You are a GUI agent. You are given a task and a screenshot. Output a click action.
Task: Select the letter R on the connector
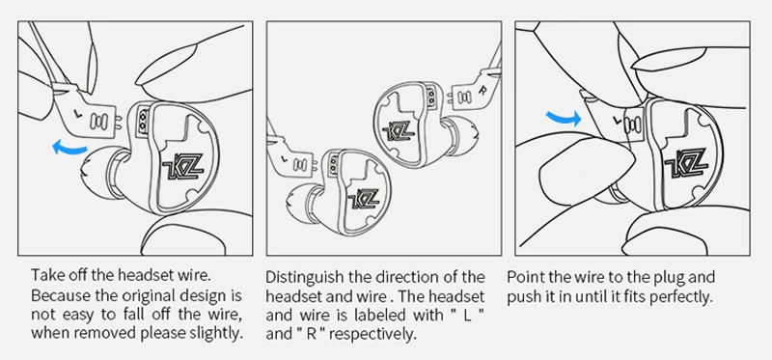tap(482, 90)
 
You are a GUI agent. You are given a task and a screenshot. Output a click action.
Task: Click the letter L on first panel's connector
tap(77, 114)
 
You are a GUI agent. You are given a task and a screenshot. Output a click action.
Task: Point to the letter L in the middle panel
tap(284, 158)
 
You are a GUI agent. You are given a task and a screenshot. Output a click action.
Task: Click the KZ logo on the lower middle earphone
tap(364, 199)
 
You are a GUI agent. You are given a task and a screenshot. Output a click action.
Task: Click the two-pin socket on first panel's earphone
tap(143, 122)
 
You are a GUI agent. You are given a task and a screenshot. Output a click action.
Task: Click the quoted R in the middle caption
tap(309, 334)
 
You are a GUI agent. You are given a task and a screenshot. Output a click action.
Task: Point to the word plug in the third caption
tap(666, 278)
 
